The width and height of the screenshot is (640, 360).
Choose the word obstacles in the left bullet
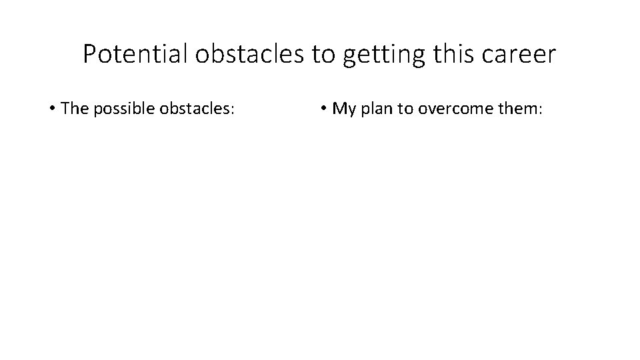click(195, 108)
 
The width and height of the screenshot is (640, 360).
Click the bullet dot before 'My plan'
click(323, 108)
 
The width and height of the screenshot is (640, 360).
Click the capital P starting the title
click(89, 54)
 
